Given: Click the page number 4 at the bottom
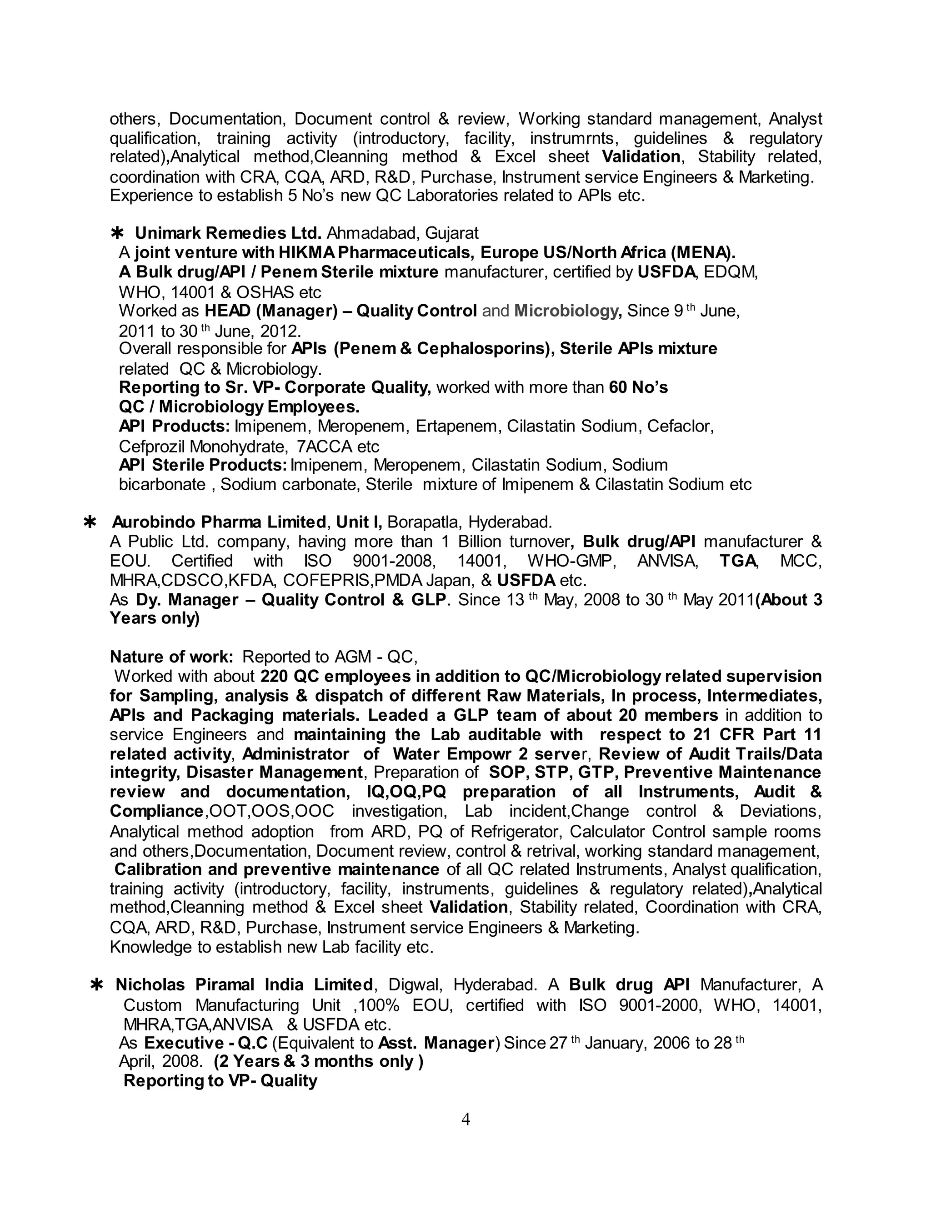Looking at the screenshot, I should (x=465, y=1120).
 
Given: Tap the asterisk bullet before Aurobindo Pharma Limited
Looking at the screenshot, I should (x=89, y=522).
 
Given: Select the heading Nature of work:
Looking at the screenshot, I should (x=171, y=657).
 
